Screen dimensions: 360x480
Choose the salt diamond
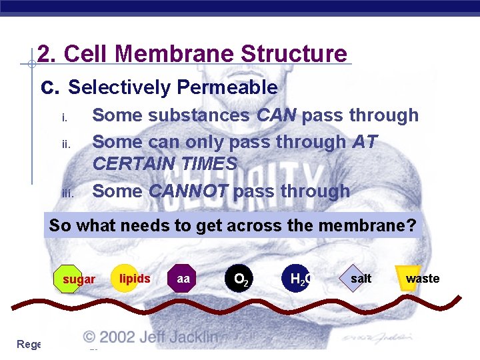coord(359,279)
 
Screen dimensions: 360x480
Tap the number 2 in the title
coord(43,54)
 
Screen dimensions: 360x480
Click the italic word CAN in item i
coord(277,115)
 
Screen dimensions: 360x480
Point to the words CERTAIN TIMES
coord(165,163)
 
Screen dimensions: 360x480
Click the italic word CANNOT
coord(189,191)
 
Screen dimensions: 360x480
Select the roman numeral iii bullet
coord(66,193)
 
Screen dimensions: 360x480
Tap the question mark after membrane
coord(411,225)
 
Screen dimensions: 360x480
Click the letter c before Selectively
coord(47,88)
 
